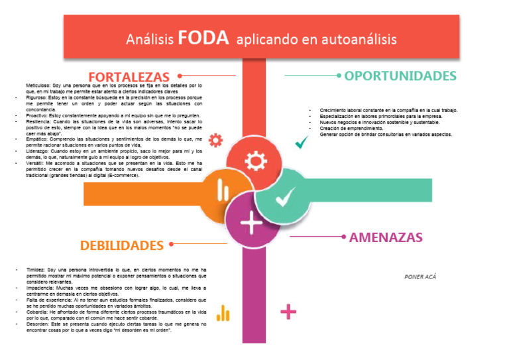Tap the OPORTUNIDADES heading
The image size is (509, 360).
click(x=400, y=76)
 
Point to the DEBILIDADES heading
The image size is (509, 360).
click(x=122, y=245)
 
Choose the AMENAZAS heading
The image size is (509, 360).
click(x=386, y=237)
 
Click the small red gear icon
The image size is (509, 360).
click(x=216, y=140)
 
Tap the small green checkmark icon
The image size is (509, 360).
click(x=302, y=141)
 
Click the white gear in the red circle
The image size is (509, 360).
click(x=255, y=162)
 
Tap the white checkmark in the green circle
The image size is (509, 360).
click(x=285, y=196)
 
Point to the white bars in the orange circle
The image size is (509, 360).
click(x=223, y=192)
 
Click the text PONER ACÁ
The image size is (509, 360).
click(x=420, y=276)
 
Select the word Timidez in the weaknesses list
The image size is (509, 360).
click(x=35, y=270)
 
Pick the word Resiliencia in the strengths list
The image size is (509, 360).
click(x=39, y=122)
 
